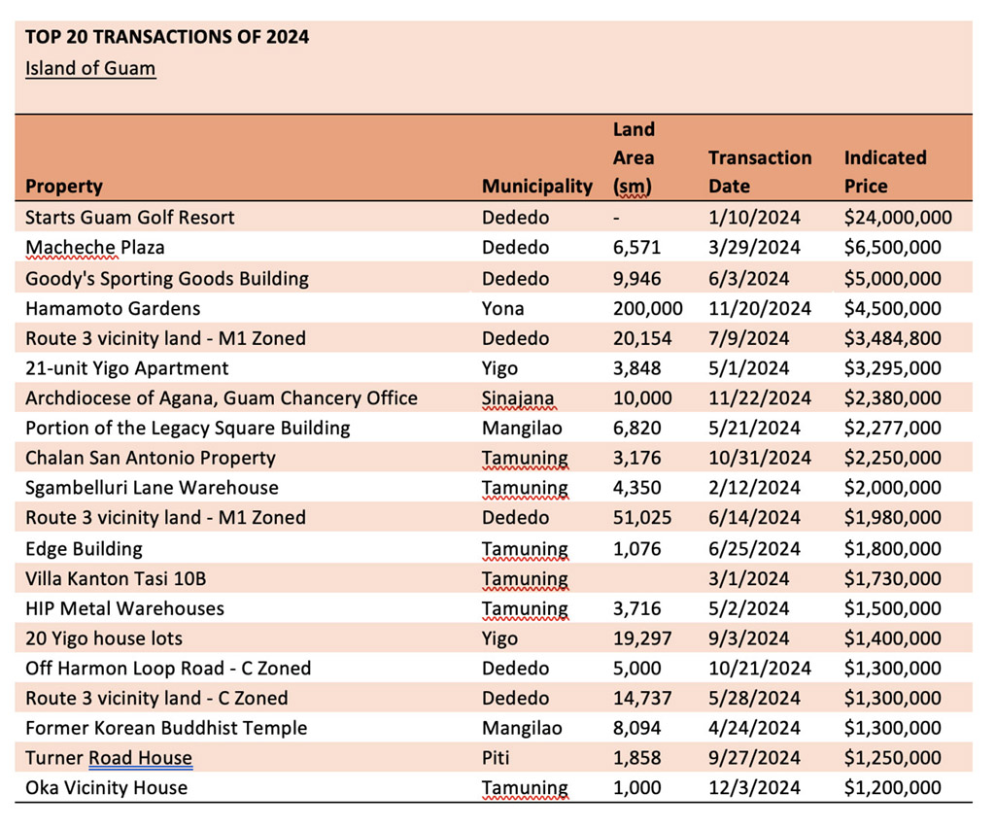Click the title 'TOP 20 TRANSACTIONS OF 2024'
167,37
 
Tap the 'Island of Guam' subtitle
90,68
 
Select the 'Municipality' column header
536,186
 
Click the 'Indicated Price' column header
885,171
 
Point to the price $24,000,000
898,218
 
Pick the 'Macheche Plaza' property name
94,248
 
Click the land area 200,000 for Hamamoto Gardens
648,308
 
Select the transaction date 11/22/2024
760,397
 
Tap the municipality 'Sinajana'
518,398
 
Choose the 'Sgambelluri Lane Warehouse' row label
152,488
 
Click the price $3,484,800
892,338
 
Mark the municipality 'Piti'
496,758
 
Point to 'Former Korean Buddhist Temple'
166,728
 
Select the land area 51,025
642,517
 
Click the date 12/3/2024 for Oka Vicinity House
754,788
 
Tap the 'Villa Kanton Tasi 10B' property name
116,579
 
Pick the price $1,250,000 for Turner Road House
892,758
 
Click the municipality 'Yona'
502,308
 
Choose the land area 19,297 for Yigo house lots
642,638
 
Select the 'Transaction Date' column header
760,171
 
